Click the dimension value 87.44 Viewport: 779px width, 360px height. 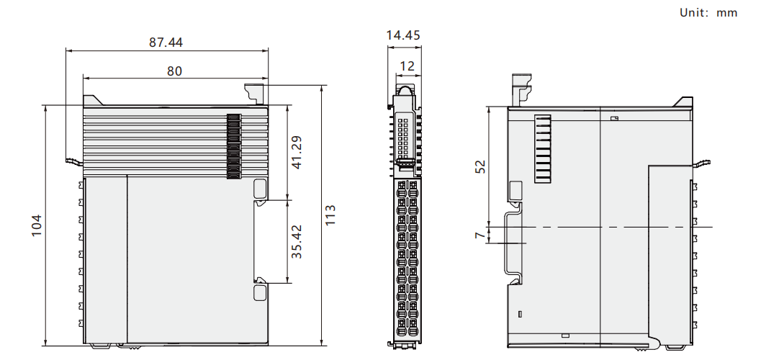[x=166, y=42]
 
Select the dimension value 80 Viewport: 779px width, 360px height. [x=174, y=71]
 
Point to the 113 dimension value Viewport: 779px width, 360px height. [x=330, y=215]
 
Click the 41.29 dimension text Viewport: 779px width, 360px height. [x=297, y=153]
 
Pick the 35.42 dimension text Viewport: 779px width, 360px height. [x=297, y=241]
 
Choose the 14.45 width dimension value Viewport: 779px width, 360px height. [x=403, y=35]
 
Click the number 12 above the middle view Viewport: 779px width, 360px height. [x=407, y=66]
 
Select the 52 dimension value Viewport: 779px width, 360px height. [x=480, y=166]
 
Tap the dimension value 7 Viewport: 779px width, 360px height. [x=480, y=235]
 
